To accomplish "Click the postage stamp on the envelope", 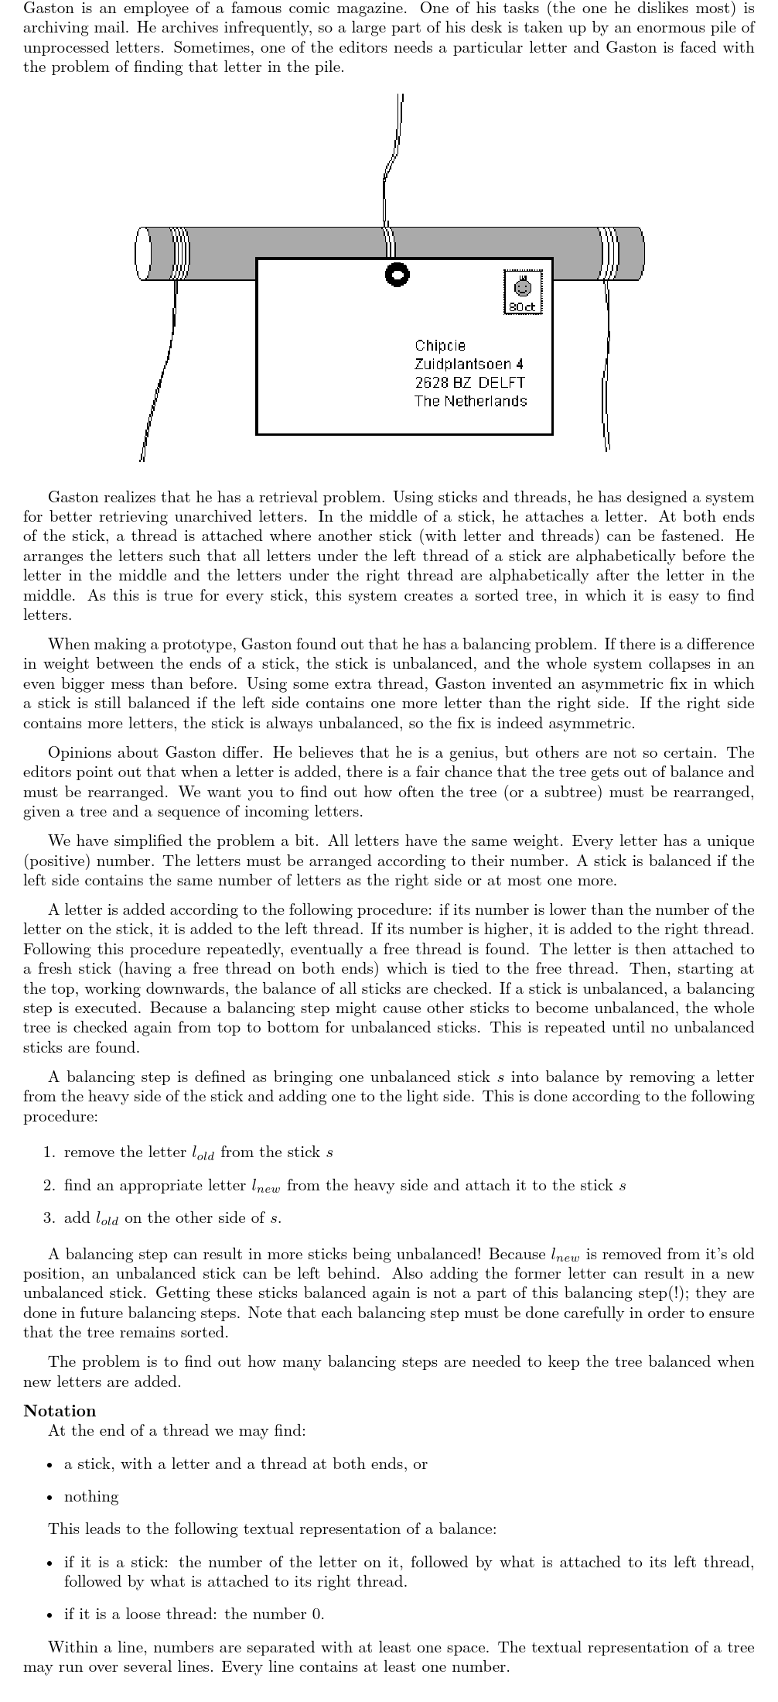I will pyautogui.click(x=523, y=292).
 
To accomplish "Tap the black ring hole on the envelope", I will pyautogui.click(x=397, y=274).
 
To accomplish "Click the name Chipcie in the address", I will pyautogui.click(x=440, y=346).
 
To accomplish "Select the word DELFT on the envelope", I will pyautogui.click(x=501, y=382).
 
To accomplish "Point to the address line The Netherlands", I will pyautogui.click(x=470, y=401).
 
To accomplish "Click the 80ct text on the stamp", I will pyautogui.click(x=523, y=307).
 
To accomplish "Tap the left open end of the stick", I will pyautogui.click(x=142, y=254).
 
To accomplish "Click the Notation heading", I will pyautogui.click(x=60, y=1410).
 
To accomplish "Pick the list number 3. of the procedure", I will pyautogui.click(x=49, y=1217).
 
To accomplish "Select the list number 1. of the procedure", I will pyautogui.click(x=49, y=1152).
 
